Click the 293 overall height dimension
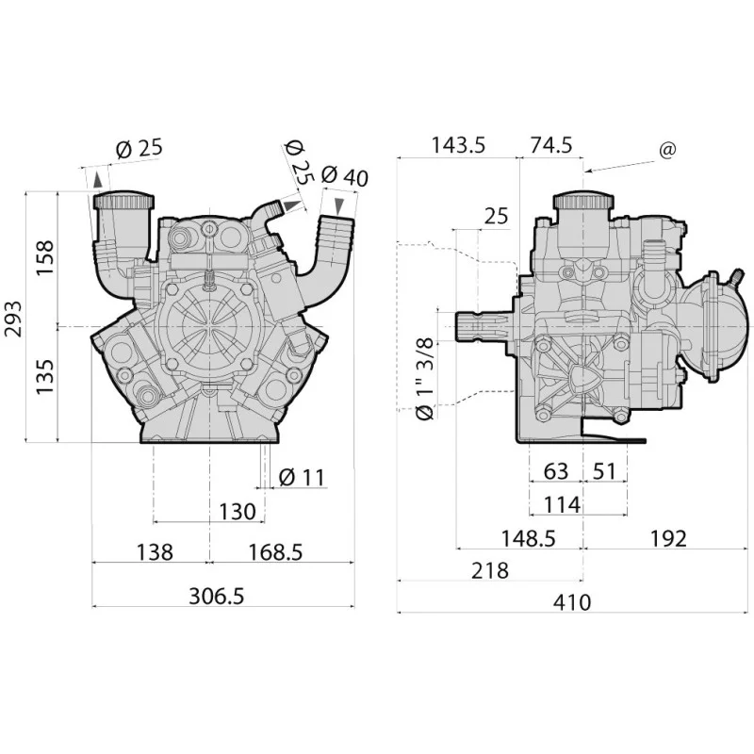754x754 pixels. (x=13, y=319)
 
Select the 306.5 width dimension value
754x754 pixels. (x=217, y=596)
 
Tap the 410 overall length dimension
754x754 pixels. (x=572, y=602)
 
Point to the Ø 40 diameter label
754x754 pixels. (x=344, y=176)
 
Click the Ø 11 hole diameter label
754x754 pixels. (x=302, y=477)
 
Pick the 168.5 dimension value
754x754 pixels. (x=275, y=552)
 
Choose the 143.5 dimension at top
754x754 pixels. (x=458, y=145)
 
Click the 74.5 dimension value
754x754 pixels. (x=551, y=145)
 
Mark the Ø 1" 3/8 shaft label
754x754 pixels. (x=425, y=379)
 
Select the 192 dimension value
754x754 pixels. (x=668, y=538)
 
